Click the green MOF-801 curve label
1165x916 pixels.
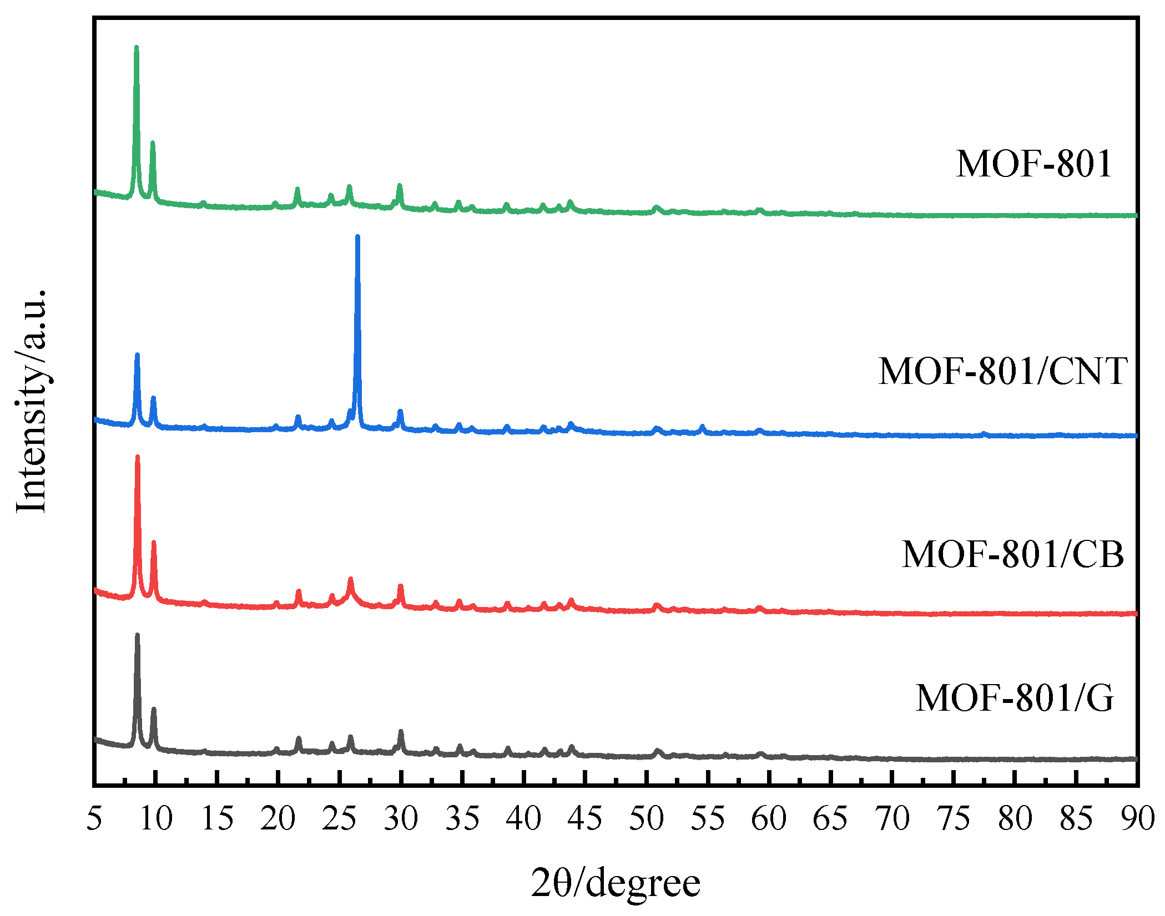[x=1033, y=164]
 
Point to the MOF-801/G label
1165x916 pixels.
[x=1015, y=697]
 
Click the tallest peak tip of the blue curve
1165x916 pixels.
[x=357, y=237]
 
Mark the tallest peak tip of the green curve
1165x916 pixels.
[x=137, y=48]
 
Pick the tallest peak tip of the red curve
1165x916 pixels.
[x=137, y=457]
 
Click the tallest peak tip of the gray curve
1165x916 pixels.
[x=137, y=635]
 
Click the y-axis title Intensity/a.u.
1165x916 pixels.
[x=32, y=402]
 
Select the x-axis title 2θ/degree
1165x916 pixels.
[x=616, y=884]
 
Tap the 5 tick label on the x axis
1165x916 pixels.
[x=94, y=819]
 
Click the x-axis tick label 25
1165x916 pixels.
[x=339, y=819]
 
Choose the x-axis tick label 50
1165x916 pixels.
[x=646, y=819]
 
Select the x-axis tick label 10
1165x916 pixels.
[x=156, y=819]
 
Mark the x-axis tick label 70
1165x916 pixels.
[x=892, y=819]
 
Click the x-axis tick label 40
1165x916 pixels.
[x=523, y=819]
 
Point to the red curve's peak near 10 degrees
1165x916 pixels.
[x=154, y=543]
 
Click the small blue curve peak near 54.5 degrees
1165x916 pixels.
[x=702, y=427]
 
